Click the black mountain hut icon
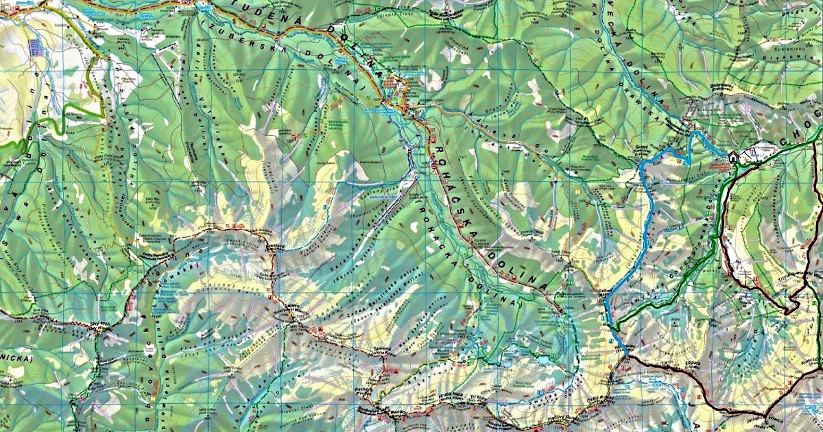tap(733, 157)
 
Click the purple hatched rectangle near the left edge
tap(35, 47)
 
